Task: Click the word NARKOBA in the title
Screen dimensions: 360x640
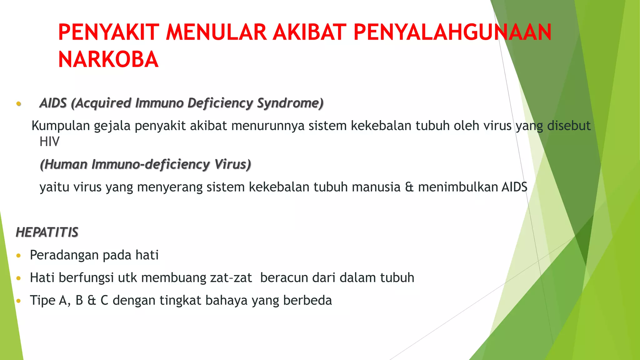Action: click(108, 59)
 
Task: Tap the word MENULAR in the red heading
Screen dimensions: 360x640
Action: click(216, 32)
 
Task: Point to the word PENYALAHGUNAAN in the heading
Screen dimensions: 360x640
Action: click(452, 32)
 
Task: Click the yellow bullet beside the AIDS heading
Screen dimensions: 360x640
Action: click(19, 103)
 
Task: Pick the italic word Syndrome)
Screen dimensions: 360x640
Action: click(290, 103)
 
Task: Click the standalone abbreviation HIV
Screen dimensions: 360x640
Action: click(49, 142)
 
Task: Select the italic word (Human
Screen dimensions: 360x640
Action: click(64, 164)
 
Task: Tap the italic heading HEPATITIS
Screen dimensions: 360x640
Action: click(47, 232)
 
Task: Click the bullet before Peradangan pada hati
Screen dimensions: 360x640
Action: click(19, 256)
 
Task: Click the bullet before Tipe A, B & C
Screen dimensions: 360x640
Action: click(19, 301)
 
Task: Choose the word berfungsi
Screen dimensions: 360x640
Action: click(86, 278)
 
